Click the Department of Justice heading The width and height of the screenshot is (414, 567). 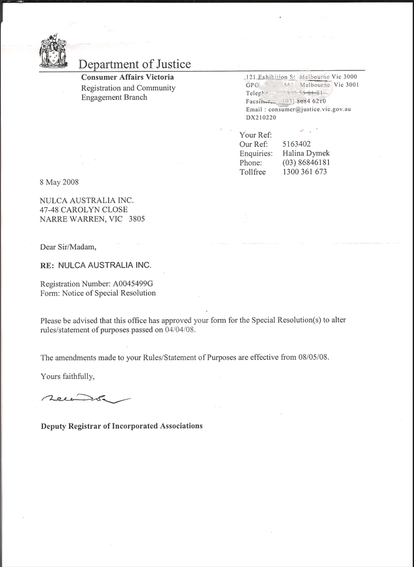pyautogui.click(x=134, y=64)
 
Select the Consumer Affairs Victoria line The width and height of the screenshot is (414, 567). pyautogui.click(x=128, y=77)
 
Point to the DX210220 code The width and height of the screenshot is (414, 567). pyautogui.click(x=261, y=117)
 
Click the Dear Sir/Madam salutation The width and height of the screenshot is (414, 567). pyautogui.click(x=68, y=247)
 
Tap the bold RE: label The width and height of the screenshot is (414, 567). pyautogui.click(x=47, y=265)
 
